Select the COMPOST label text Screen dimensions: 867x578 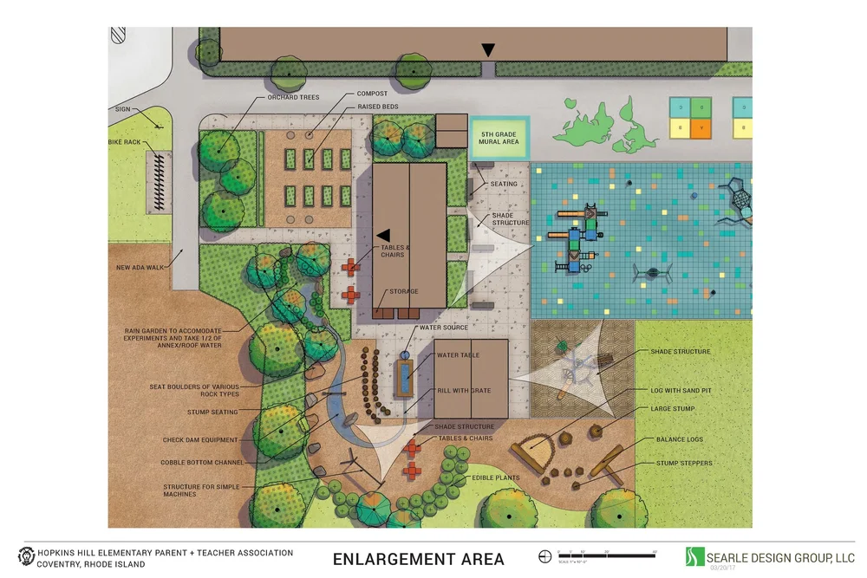372,94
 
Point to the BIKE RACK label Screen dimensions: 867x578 124,141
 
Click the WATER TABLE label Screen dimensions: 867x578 459,355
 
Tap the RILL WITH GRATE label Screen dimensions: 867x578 464,391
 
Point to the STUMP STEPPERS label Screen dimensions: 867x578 684,464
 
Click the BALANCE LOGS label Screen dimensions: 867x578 680,440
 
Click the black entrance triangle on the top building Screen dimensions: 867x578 489,50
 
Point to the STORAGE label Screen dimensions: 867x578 404,292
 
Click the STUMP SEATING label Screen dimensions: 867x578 212,412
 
